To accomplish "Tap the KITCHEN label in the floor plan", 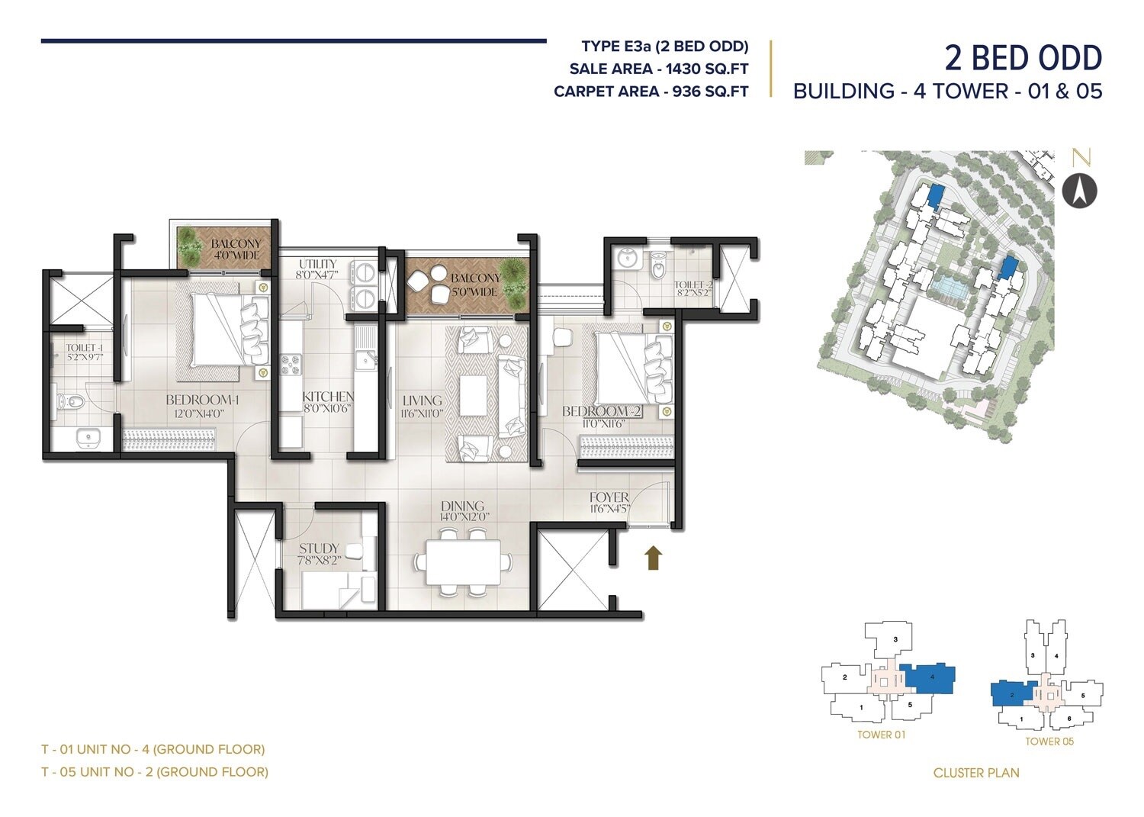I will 328,397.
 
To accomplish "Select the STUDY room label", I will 319,548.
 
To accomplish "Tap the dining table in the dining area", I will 463,562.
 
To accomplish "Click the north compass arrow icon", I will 1079,190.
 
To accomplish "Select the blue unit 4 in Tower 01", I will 929,677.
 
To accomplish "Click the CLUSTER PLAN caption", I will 976,773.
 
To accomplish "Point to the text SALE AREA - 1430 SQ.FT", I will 659,69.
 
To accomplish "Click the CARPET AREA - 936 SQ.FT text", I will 651,92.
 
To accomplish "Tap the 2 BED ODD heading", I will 1023,58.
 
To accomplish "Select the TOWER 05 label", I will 1049,741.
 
